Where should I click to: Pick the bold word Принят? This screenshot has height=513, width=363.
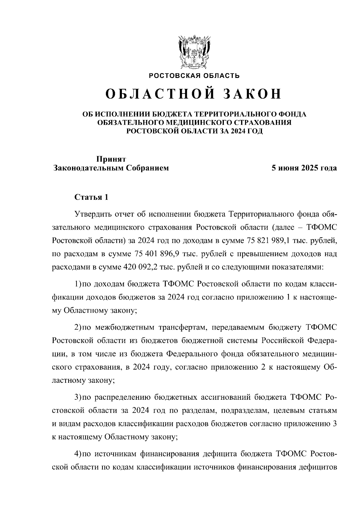[111, 159]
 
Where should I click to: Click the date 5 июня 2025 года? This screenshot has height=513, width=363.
[304, 168]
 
